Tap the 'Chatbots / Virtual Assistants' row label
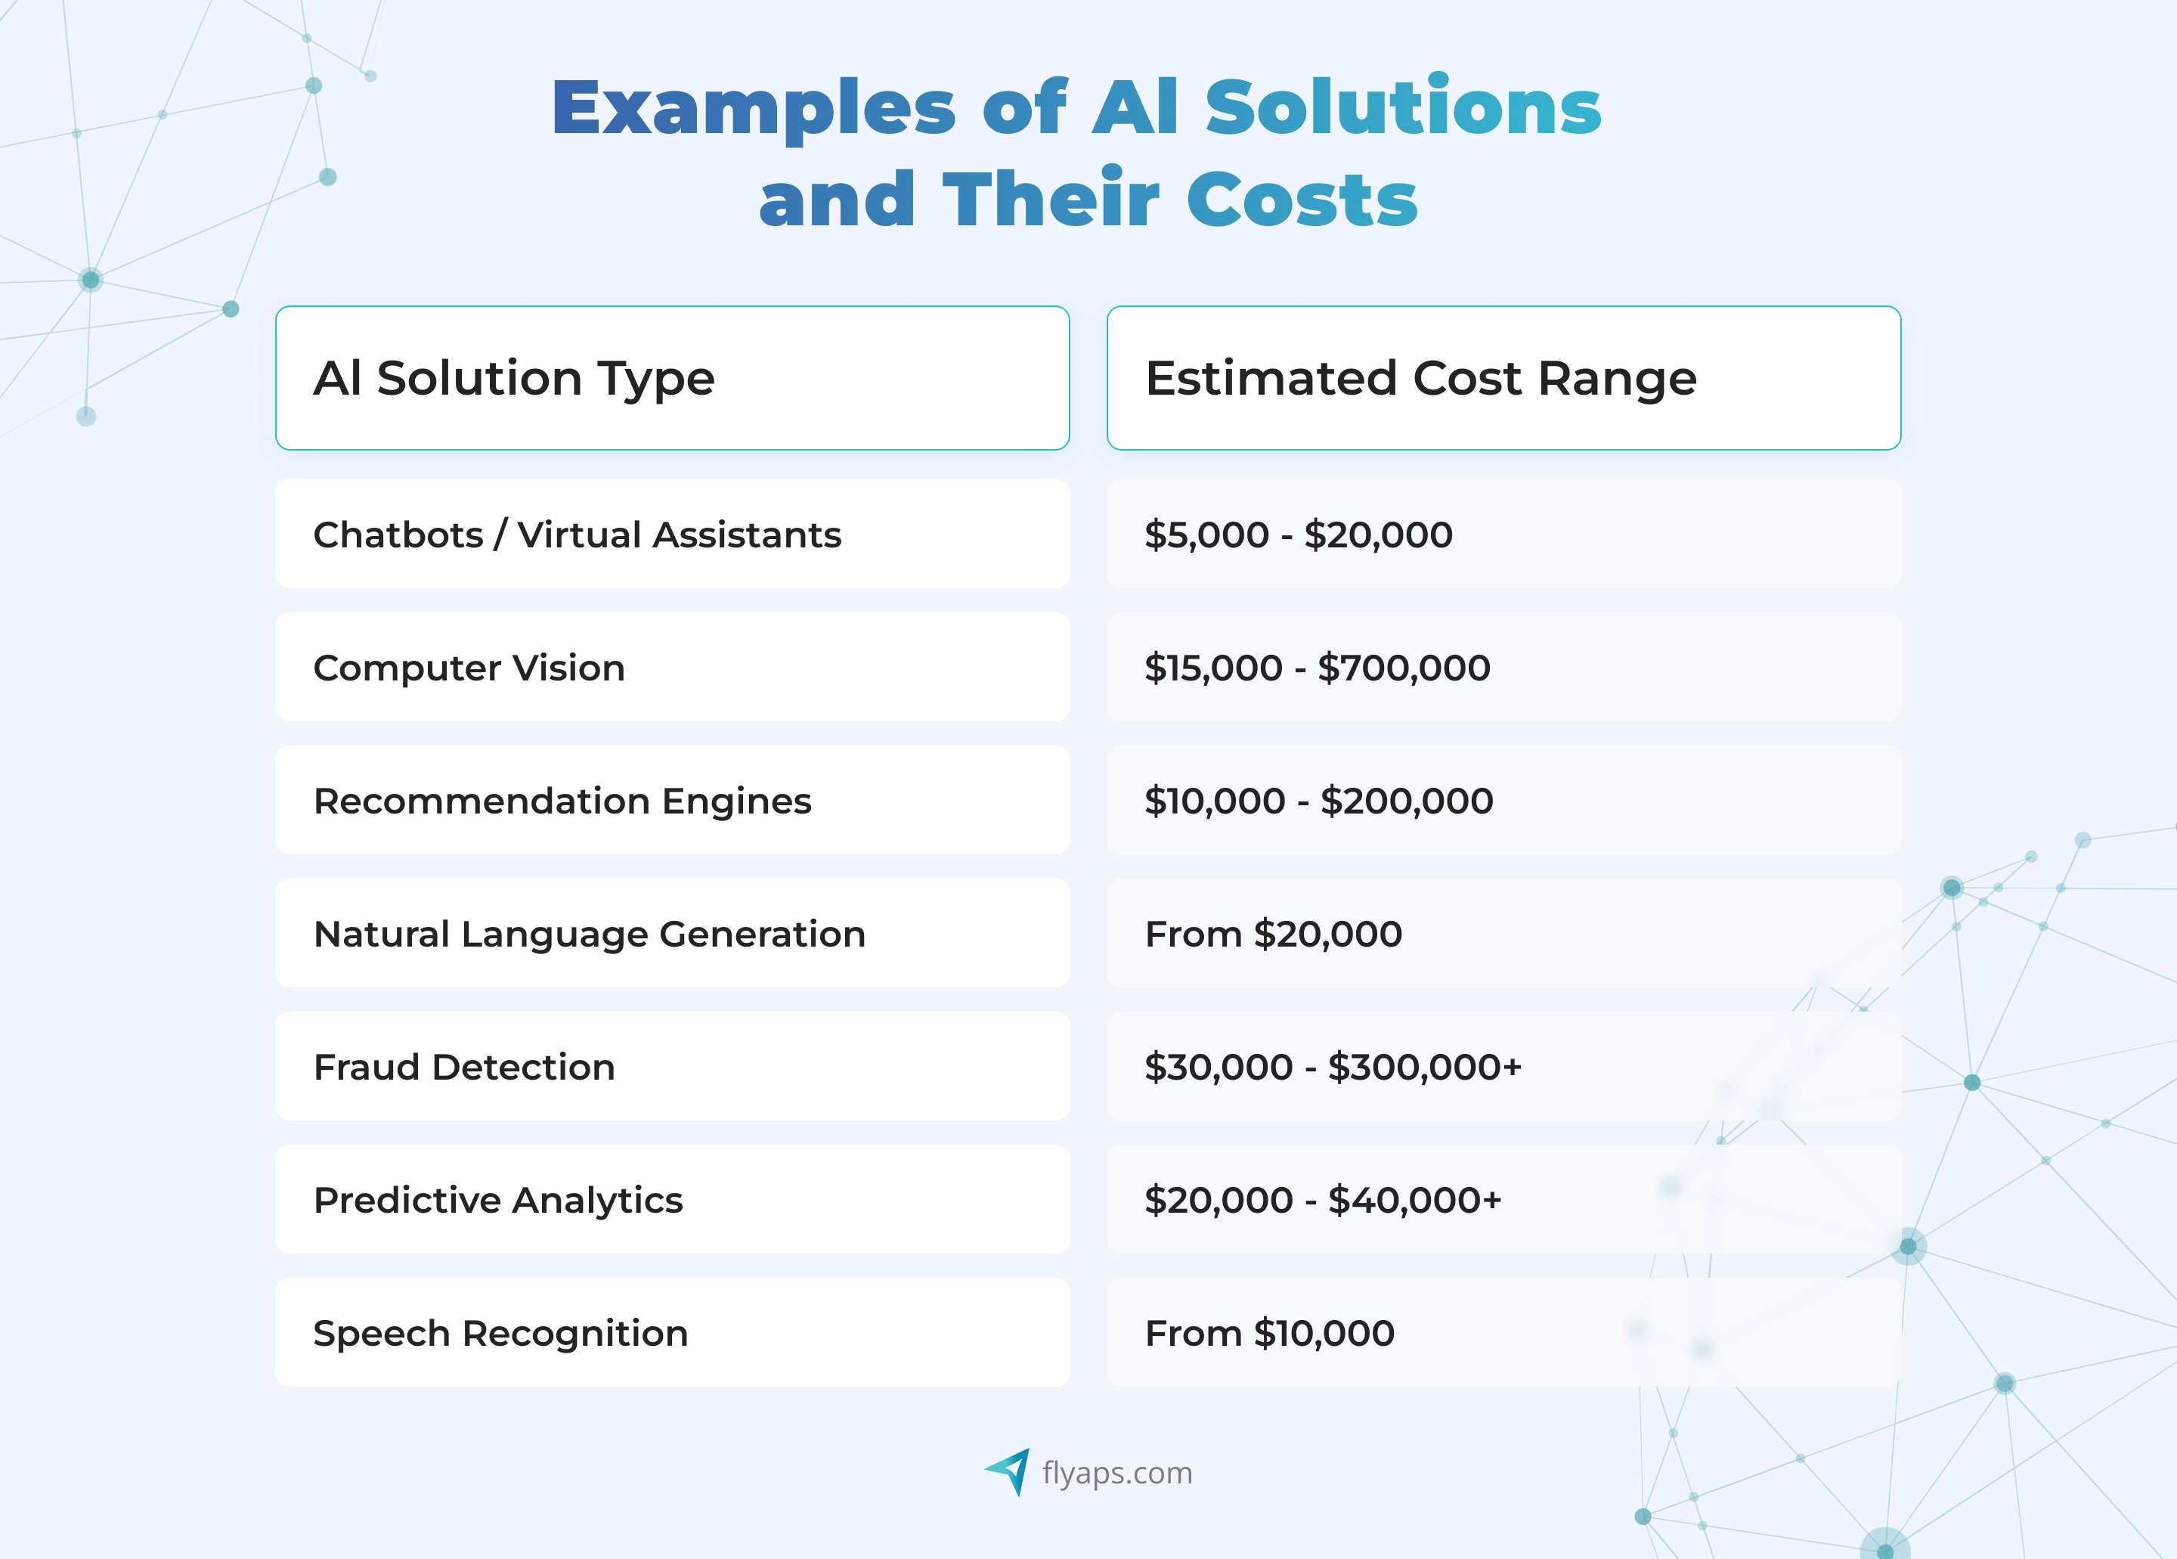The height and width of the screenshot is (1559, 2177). pyautogui.click(x=577, y=535)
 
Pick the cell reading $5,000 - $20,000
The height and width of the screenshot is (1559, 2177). pyautogui.click(x=1298, y=535)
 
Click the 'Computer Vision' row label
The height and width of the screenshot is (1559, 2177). pyautogui.click(x=469, y=668)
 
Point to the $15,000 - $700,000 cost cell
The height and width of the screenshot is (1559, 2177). pyautogui.click(x=1317, y=668)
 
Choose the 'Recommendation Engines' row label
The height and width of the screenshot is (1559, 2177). pyautogui.click(x=562, y=801)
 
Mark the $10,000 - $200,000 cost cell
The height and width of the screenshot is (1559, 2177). pyautogui.click(x=1318, y=801)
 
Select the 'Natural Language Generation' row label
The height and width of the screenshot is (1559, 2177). pyautogui.click(x=590, y=934)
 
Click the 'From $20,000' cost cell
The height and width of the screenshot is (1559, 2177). pyautogui.click(x=1273, y=934)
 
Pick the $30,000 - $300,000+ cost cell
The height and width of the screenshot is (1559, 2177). pyautogui.click(x=1333, y=1068)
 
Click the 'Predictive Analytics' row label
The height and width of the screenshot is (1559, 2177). pyautogui.click(x=498, y=1200)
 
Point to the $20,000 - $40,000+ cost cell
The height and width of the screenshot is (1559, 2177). pyautogui.click(x=1323, y=1200)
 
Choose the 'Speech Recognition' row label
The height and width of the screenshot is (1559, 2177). pyautogui.click(x=501, y=1334)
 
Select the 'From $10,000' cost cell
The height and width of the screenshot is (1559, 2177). pyautogui.click(x=1269, y=1334)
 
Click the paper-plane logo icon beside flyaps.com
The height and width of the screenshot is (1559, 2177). pyautogui.click(x=1009, y=1471)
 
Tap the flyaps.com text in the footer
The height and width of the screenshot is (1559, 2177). pyautogui.click(x=1117, y=1473)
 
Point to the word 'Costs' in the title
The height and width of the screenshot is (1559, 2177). pyautogui.click(x=1302, y=200)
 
